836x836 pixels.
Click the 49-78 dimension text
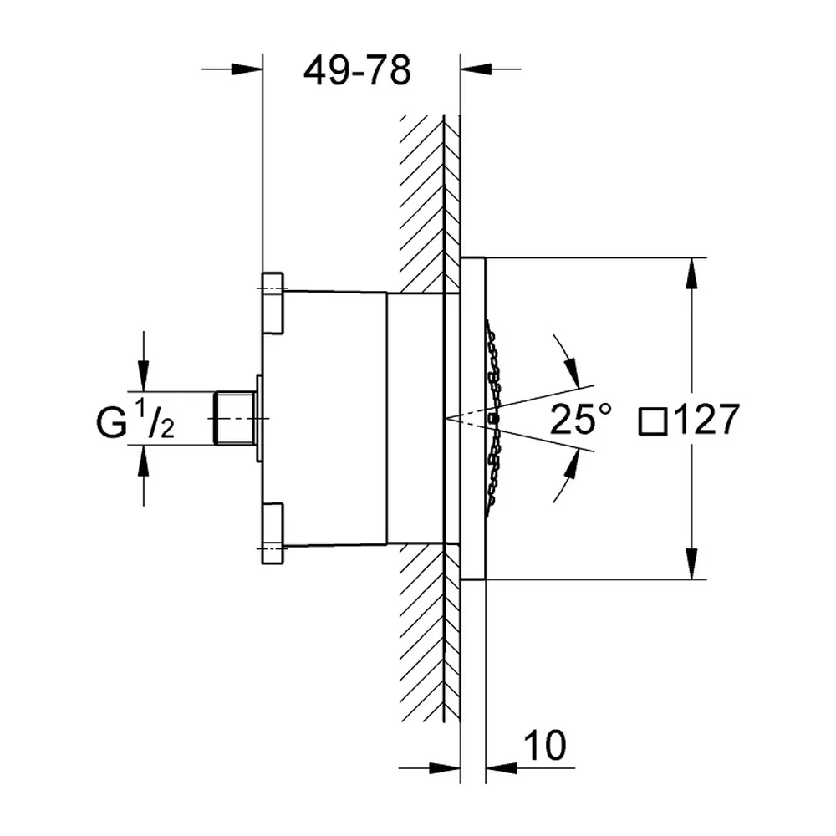[357, 70]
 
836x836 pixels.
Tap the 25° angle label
[580, 419]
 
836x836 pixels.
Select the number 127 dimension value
[706, 419]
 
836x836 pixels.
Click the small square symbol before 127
[653, 421]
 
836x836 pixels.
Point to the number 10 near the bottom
[544, 745]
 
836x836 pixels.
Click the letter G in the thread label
[111, 423]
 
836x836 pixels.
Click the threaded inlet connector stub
[235, 419]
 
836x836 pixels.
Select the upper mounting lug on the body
[273, 303]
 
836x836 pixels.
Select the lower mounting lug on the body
[273, 533]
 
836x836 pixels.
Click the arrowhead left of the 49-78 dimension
[247, 69]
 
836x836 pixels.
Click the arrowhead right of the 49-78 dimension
[476, 69]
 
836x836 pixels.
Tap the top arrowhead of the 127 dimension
[691, 273]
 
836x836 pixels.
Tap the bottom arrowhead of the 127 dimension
[691, 563]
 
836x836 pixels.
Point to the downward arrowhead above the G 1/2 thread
[143, 376]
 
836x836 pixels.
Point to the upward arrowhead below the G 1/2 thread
[143, 460]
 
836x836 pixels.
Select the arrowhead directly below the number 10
[501, 768]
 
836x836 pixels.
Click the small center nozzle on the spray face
[493, 419]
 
